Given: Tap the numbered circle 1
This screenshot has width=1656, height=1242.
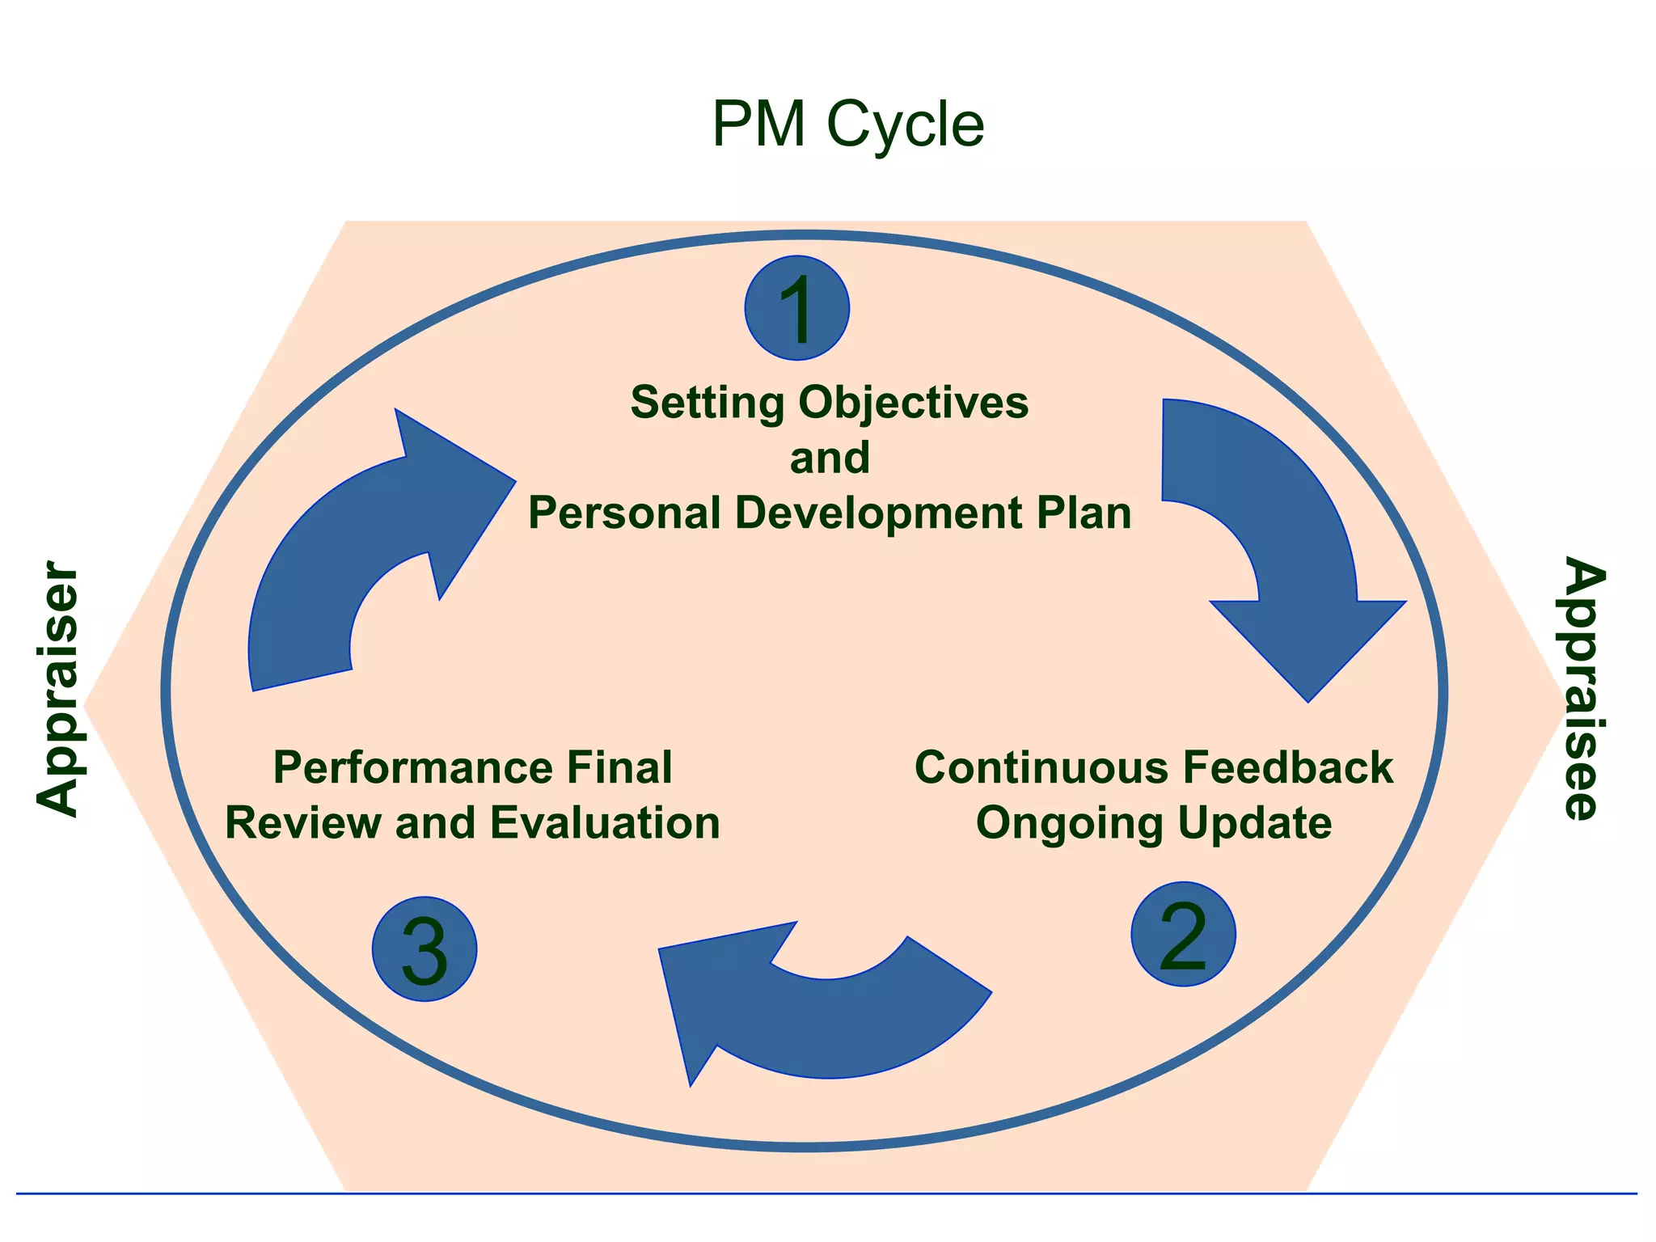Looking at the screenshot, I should pos(796,308).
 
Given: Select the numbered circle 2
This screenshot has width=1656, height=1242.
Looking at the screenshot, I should pos(1183,935).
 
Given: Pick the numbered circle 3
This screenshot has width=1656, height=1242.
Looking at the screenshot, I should pos(425,949).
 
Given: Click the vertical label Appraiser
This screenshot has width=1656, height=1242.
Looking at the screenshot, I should pos(58,688).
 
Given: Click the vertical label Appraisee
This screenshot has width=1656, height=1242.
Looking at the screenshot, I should pos(1583,688).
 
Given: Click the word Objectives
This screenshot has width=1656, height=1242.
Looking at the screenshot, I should pos(914,402).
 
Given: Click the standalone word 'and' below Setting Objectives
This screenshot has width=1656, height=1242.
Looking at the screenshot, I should pos(830,458).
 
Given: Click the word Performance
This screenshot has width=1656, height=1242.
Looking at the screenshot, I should pos(412,767).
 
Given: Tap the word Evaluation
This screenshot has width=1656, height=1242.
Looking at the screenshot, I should pos(604,823).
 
